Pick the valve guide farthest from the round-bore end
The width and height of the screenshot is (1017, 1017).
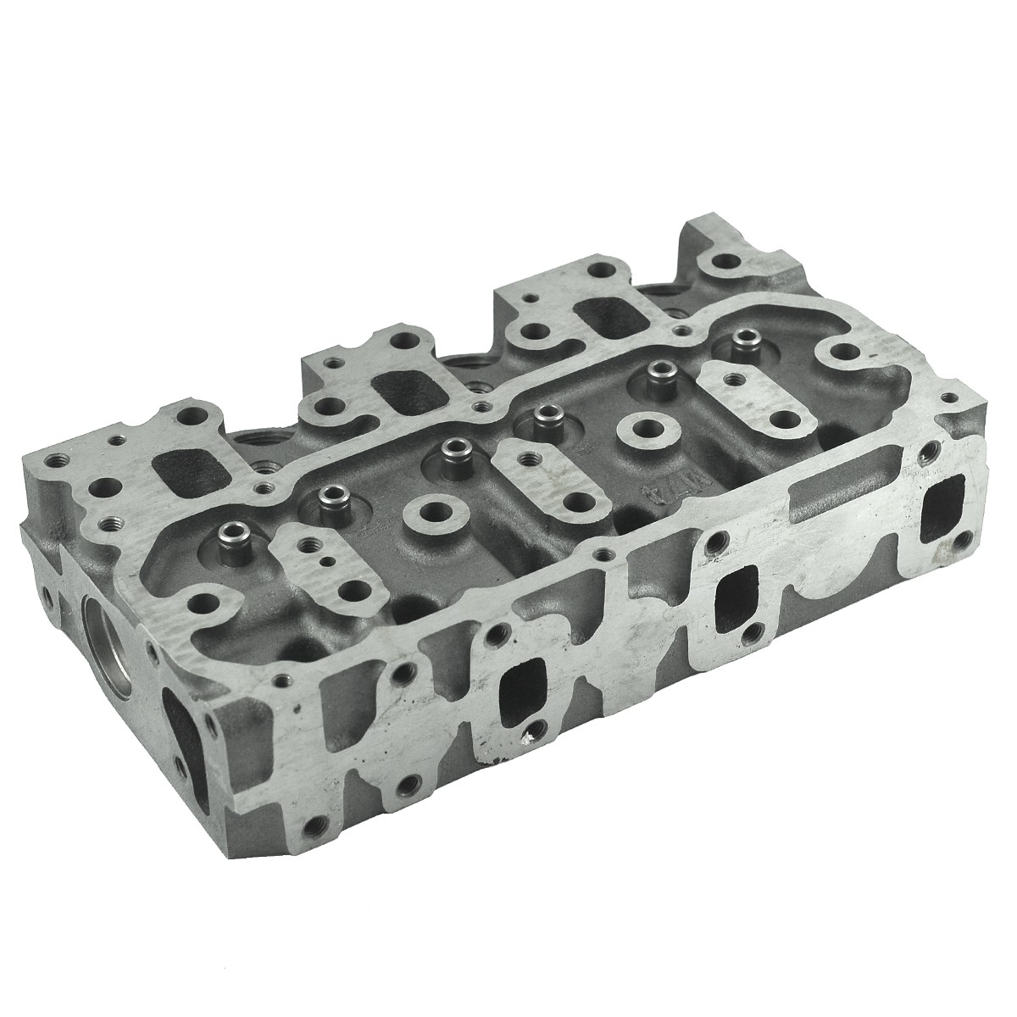click(744, 342)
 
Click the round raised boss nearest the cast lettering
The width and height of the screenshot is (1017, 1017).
click(635, 427)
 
